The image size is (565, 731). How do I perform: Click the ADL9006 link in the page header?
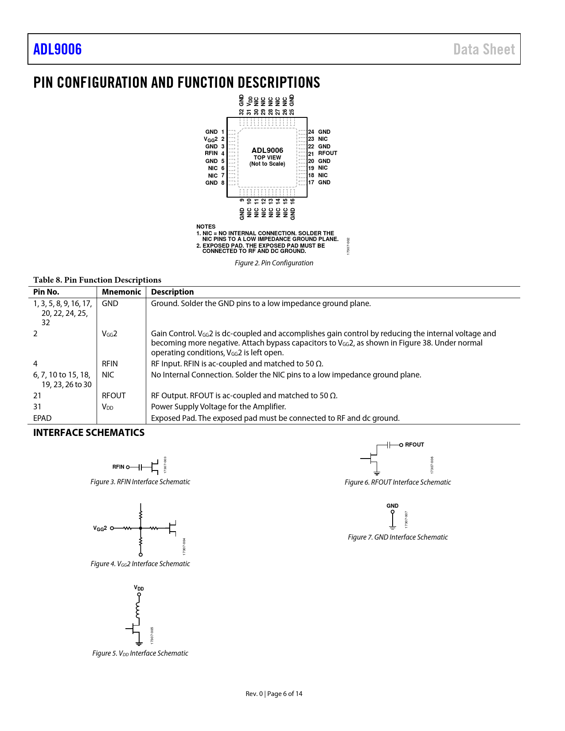click(58, 49)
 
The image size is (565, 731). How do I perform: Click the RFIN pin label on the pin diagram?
click(211, 153)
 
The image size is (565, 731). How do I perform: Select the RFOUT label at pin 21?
click(327, 153)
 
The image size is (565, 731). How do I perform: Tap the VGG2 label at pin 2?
click(211, 139)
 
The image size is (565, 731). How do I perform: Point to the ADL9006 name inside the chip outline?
click(267, 151)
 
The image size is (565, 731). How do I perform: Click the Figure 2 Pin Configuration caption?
click(274, 263)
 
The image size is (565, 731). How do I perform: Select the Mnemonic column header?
click(121, 292)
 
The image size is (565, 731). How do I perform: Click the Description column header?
click(172, 292)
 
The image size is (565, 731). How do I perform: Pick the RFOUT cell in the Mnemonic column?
click(114, 396)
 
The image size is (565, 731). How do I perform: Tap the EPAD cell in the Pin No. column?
click(43, 418)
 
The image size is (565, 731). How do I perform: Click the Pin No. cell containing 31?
click(37, 407)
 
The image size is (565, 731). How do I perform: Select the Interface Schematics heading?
click(89, 433)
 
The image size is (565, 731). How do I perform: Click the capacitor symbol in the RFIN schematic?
click(140, 467)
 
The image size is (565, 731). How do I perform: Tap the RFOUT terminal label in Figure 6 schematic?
click(414, 445)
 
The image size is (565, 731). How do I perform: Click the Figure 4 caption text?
click(140, 564)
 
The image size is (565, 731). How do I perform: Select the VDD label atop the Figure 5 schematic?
click(139, 588)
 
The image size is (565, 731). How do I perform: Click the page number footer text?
click(274, 694)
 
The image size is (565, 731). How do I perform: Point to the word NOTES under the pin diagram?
click(206, 227)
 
